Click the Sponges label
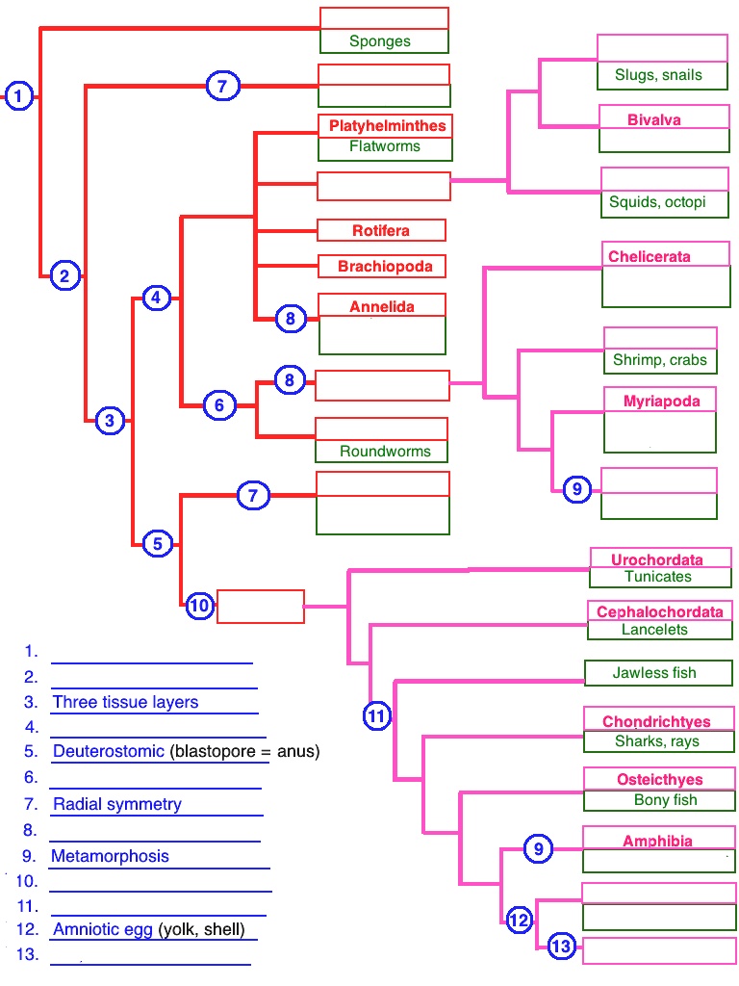[x=380, y=41]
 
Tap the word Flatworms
[x=384, y=147]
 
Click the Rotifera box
[x=381, y=231]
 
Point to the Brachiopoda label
[x=385, y=266]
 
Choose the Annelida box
[x=382, y=306]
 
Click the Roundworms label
[x=385, y=451]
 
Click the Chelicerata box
[x=650, y=256]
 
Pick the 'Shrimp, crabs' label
[x=660, y=360]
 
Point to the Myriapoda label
[x=662, y=401]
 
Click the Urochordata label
[x=657, y=559]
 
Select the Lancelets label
[x=655, y=630]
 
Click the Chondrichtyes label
[x=656, y=721]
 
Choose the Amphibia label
[x=657, y=841]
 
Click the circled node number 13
[x=561, y=947]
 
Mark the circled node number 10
[x=199, y=606]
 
